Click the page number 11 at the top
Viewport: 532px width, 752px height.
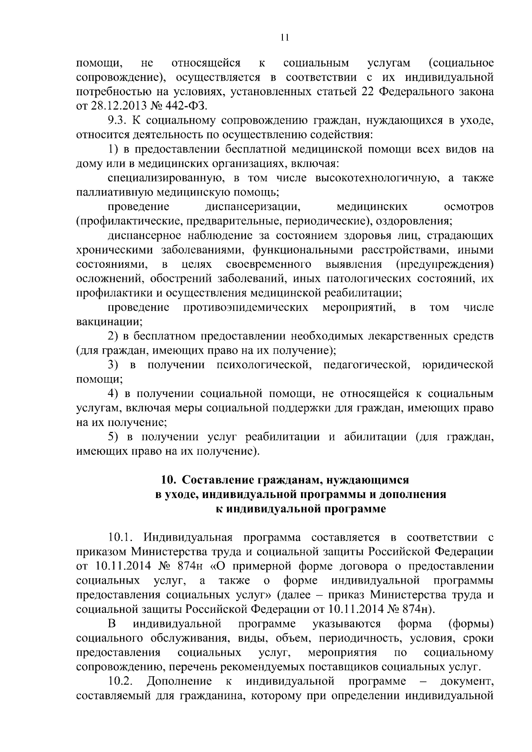coord(285,38)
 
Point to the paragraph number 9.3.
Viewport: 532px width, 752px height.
coord(118,121)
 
